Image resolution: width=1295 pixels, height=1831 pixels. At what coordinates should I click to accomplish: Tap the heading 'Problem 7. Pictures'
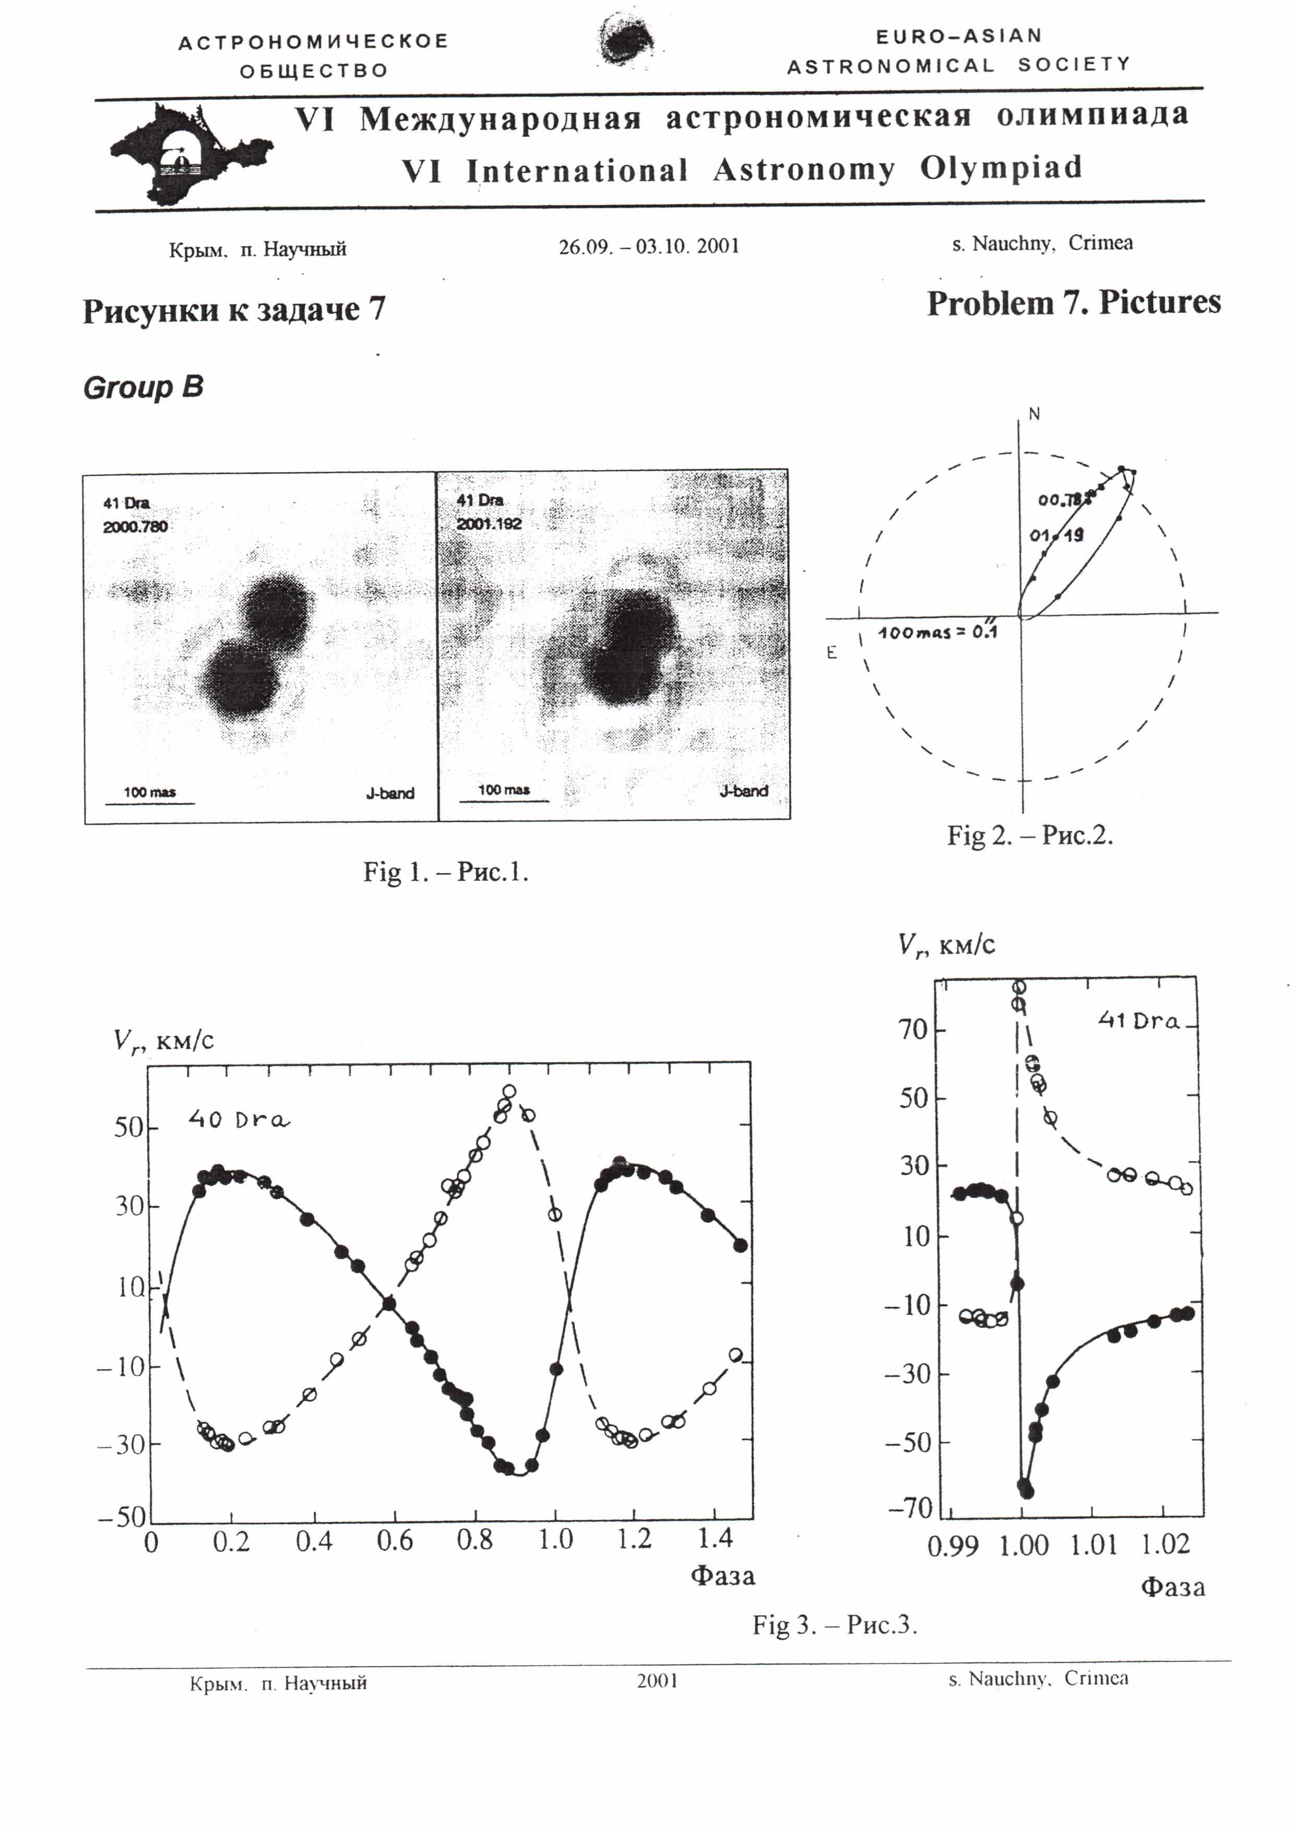click(x=1073, y=303)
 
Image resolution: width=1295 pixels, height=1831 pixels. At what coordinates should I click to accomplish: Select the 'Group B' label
click(x=144, y=388)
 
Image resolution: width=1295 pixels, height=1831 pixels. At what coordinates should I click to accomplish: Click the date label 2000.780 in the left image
click(x=135, y=526)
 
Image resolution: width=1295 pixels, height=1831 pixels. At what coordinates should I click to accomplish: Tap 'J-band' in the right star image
click(x=743, y=791)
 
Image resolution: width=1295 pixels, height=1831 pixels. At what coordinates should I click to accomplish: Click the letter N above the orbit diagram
click(x=1034, y=414)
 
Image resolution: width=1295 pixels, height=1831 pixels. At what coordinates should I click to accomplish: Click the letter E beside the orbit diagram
click(x=831, y=653)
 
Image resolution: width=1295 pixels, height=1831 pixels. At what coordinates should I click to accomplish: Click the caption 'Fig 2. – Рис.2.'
click(x=1029, y=835)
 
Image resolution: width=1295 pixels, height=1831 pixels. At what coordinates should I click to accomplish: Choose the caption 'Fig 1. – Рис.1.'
click(x=446, y=872)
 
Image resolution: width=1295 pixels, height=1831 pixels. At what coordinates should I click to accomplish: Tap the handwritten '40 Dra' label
click(x=239, y=1120)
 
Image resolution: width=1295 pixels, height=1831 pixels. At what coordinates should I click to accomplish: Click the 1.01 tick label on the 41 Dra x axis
click(x=1093, y=1545)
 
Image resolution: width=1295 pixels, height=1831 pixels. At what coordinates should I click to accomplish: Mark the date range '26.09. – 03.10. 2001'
click(x=648, y=246)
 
